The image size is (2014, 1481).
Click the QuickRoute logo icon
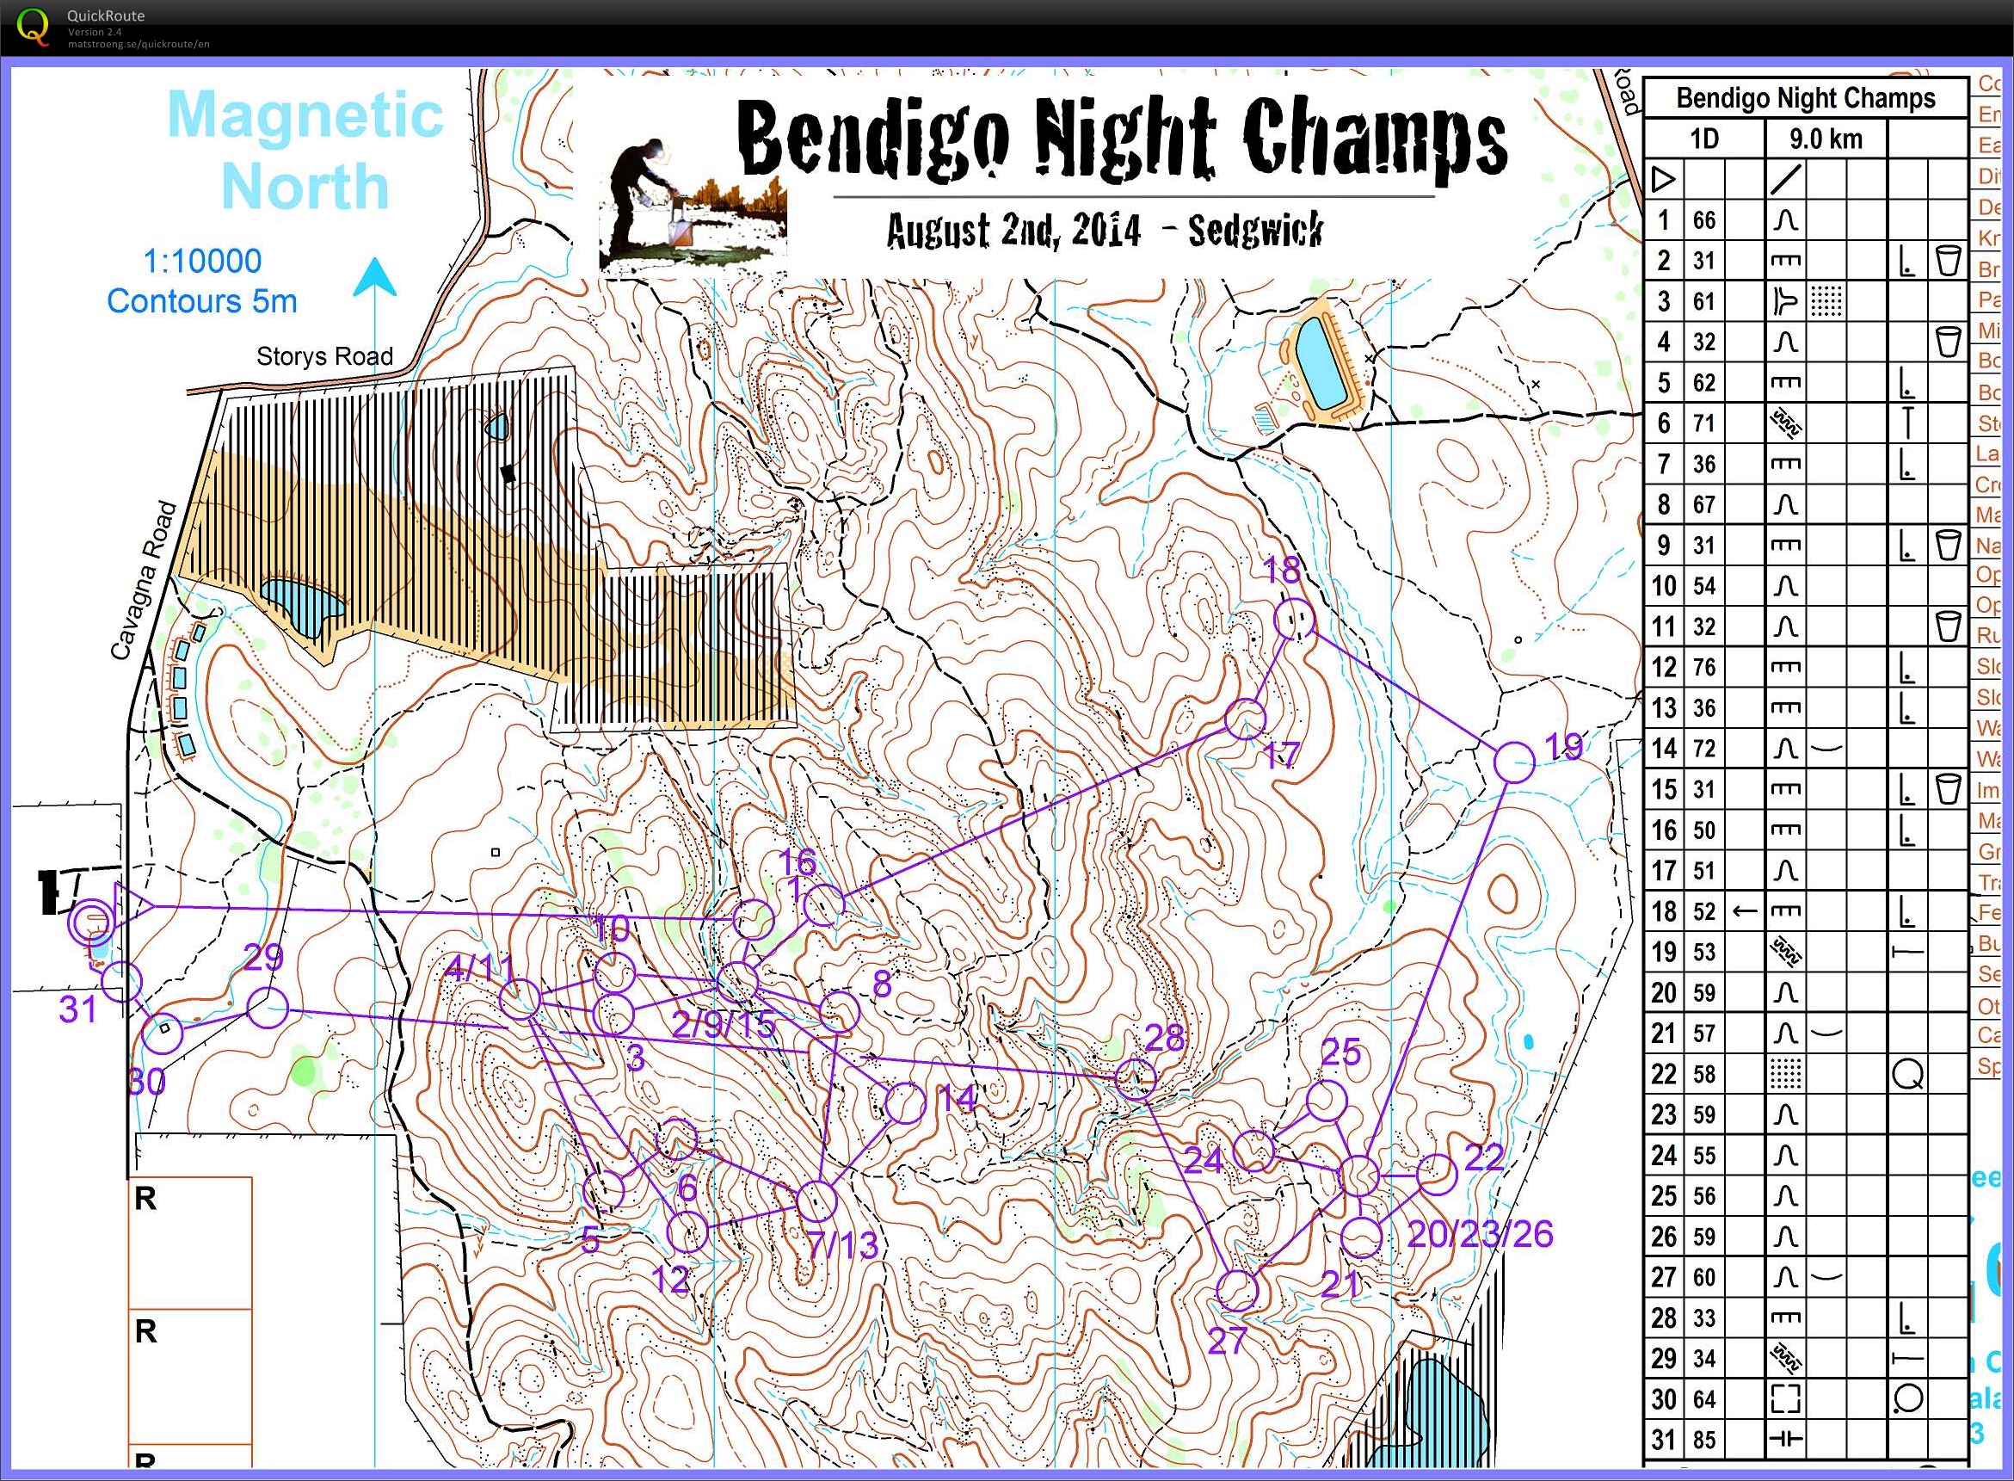pyautogui.click(x=34, y=26)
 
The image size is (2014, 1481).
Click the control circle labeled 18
pyautogui.click(x=1294, y=620)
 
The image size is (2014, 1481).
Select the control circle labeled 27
pyautogui.click(x=1238, y=1290)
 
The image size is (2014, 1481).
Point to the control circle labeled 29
pyautogui.click(x=266, y=1008)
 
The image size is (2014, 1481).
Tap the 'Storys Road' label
pyautogui.click(x=324, y=357)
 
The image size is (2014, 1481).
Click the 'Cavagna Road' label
pyautogui.click(x=145, y=581)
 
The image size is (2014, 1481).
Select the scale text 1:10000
pyautogui.click(x=202, y=261)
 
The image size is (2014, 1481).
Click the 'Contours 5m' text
pyautogui.click(x=202, y=301)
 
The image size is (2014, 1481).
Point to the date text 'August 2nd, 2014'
pyautogui.click(x=1013, y=231)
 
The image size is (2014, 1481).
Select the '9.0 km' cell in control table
pyautogui.click(x=1826, y=139)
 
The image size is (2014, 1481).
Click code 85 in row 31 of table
pyautogui.click(x=1704, y=1440)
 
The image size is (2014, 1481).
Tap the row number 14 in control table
pyautogui.click(x=1664, y=748)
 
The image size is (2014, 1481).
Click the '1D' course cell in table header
pyautogui.click(x=1704, y=139)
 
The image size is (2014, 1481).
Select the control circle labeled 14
pyautogui.click(x=904, y=1103)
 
